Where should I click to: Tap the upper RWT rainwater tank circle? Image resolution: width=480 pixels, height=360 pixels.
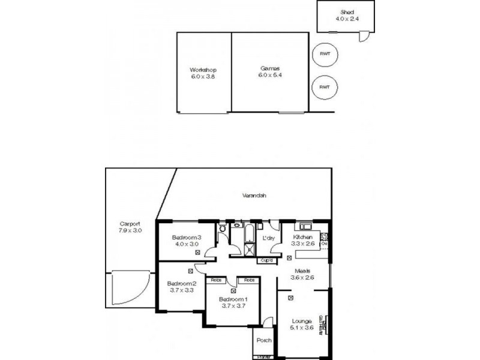click(x=325, y=54)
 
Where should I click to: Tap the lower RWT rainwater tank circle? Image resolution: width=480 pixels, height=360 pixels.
click(x=325, y=87)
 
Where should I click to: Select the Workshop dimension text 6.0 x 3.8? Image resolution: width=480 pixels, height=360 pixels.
click(x=203, y=76)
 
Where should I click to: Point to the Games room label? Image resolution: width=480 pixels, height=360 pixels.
click(x=269, y=68)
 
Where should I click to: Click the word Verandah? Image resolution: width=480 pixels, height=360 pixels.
click(x=254, y=196)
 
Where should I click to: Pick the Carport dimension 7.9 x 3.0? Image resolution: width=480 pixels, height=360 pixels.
click(x=130, y=230)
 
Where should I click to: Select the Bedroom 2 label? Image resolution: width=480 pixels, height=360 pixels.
click(x=181, y=283)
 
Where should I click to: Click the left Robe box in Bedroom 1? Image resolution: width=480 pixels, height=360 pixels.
click(x=214, y=280)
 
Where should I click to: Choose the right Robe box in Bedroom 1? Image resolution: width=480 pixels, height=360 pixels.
click(x=248, y=280)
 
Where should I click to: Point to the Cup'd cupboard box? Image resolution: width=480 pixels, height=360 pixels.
click(x=266, y=260)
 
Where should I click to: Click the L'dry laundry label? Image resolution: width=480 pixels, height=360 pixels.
click(x=269, y=238)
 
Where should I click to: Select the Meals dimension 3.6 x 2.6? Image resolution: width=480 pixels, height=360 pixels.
click(x=302, y=278)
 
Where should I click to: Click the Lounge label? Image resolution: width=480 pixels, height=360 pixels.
click(x=302, y=321)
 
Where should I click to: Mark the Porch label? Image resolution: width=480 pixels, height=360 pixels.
click(x=264, y=340)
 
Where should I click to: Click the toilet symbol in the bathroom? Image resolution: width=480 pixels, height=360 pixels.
click(x=221, y=228)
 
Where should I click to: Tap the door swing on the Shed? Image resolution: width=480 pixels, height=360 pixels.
click(x=364, y=37)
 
